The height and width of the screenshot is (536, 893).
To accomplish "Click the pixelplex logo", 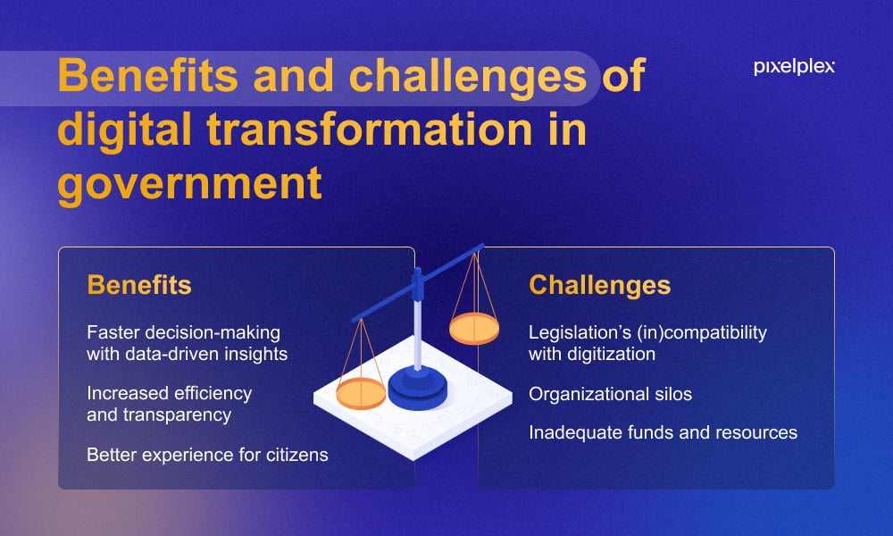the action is coord(794,67).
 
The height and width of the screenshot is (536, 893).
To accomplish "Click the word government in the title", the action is coord(189,184).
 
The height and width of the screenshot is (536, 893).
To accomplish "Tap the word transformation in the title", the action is coord(369,130).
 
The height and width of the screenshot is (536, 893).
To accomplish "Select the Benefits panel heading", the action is coord(139,285).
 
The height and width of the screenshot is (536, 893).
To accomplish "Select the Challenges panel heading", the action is coord(600,285).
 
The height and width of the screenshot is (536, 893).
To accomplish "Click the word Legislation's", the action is coord(580,332).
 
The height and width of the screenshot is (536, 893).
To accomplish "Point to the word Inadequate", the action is coord(575,433).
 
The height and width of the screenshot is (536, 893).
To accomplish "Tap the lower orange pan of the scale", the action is coord(361,393).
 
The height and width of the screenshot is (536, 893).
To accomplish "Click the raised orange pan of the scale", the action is coord(474,329).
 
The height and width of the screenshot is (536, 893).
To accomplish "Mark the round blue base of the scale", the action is coord(417,389).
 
